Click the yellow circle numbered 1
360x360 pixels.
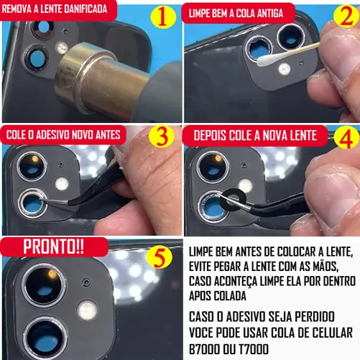[x=163, y=17]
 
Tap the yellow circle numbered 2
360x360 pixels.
[x=346, y=16]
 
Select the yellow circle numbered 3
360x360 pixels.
[x=161, y=136]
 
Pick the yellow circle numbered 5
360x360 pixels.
[x=160, y=257]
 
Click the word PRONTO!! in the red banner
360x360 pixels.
[x=54, y=246]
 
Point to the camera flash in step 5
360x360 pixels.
[x=88, y=310]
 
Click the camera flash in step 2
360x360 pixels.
[x=285, y=69]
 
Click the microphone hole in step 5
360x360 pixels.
[x=86, y=282]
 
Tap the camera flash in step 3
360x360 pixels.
[x=62, y=184]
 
